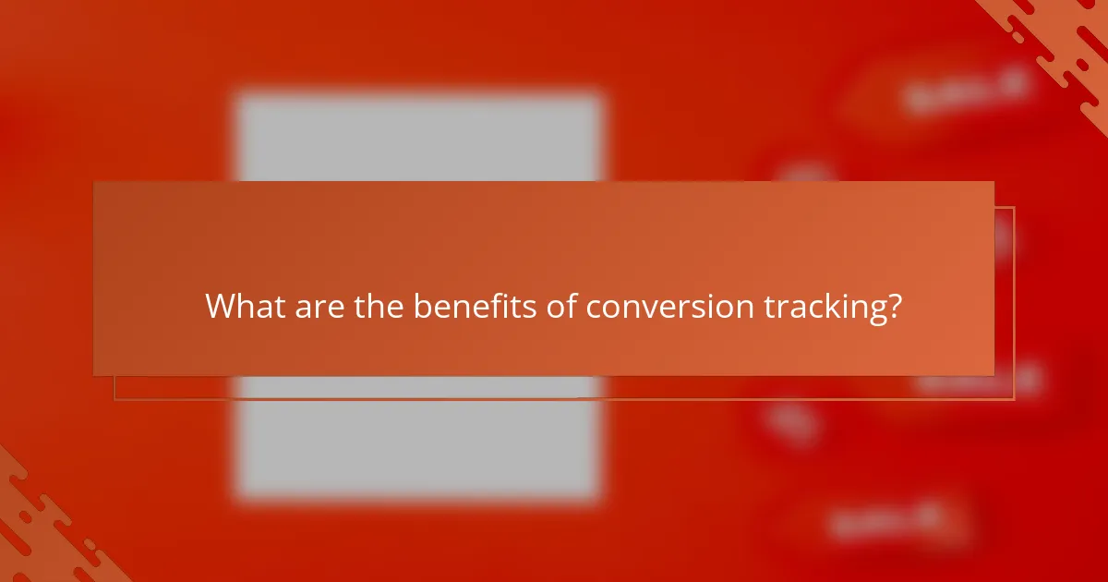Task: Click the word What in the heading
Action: point(244,306)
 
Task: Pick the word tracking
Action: point(818,306)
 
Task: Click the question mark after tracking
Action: point(893,306)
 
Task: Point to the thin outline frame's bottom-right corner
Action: point(1014,399)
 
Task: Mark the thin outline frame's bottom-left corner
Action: point(114,399)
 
